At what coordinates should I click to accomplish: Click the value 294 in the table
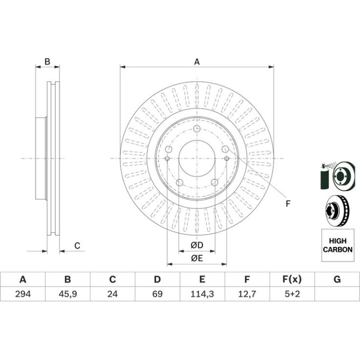23,294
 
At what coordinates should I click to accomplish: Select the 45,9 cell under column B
67,294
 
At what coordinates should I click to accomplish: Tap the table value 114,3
202,294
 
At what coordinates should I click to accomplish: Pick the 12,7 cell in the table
247,294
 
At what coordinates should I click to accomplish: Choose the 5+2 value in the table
292,294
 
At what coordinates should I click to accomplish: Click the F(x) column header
292,280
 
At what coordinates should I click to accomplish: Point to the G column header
337,280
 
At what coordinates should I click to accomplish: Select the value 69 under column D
157,294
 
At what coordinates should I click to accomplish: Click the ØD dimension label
197,245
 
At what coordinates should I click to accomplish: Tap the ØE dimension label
197,258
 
